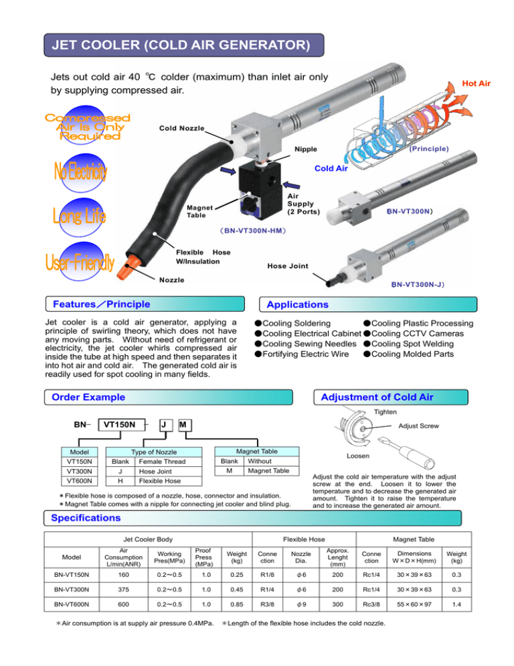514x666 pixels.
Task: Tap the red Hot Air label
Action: point(476,84)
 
